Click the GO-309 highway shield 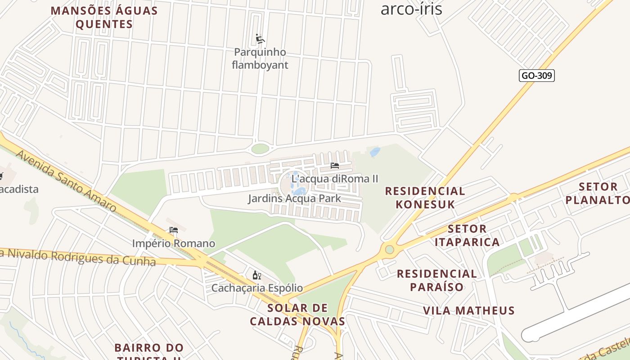point(536,76)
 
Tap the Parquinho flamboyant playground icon point(260,39)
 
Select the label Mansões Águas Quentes point(104,17)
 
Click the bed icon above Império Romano point(174,230)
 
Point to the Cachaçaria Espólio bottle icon point(256,275)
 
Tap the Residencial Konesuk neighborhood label point(425,198)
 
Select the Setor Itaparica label point(467,235)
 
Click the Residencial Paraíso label point(436,280)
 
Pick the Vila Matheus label point(468,310)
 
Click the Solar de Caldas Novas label point(297,315)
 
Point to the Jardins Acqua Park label point(294,198)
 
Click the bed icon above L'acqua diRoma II point(334,166)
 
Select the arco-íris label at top point(411,9)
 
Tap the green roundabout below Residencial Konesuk point(389,249)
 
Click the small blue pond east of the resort point(374,152)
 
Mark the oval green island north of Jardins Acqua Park point(260,148)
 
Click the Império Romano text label point(173,243)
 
